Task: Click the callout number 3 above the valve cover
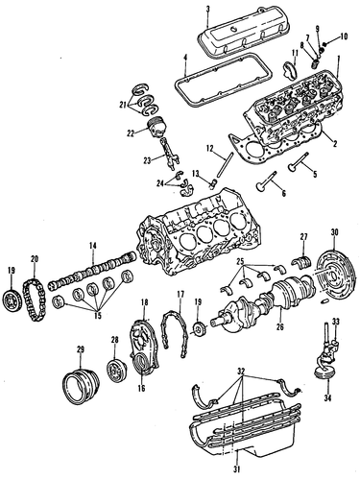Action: click(207, 9)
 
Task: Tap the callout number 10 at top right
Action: click(343, 36)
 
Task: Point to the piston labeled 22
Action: click(156, 128)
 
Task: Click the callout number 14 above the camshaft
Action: click(92, 246)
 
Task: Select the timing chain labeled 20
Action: click(35, 300)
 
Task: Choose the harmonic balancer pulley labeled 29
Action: click(81, 387)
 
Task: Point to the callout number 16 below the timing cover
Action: click(141, 388)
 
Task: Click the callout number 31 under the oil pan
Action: click(236, 468)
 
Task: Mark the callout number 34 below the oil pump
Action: click(328, 398)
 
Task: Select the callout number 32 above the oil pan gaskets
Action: click(241, 372)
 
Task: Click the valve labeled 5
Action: click(298, 161)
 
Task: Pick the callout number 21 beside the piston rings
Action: click(123, 105)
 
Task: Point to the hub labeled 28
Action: click(117, 371)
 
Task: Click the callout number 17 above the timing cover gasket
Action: click(180, 294)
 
